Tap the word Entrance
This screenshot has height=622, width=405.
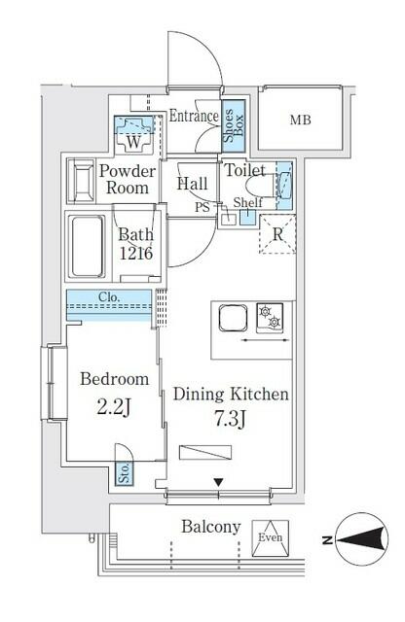click(x=194, y=117)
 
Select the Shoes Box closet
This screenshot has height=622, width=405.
click(x=233, y=125)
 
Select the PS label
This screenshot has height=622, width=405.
click(x=202, y=206)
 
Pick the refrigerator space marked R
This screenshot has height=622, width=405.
click(x=277, y=234)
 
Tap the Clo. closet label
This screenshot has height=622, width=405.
click(x=109, y=298)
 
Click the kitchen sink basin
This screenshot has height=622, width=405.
click(x=233, y=319)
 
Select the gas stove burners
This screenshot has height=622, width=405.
click(x=270, y=316)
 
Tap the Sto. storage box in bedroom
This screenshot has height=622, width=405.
click(x=125, y=472)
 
